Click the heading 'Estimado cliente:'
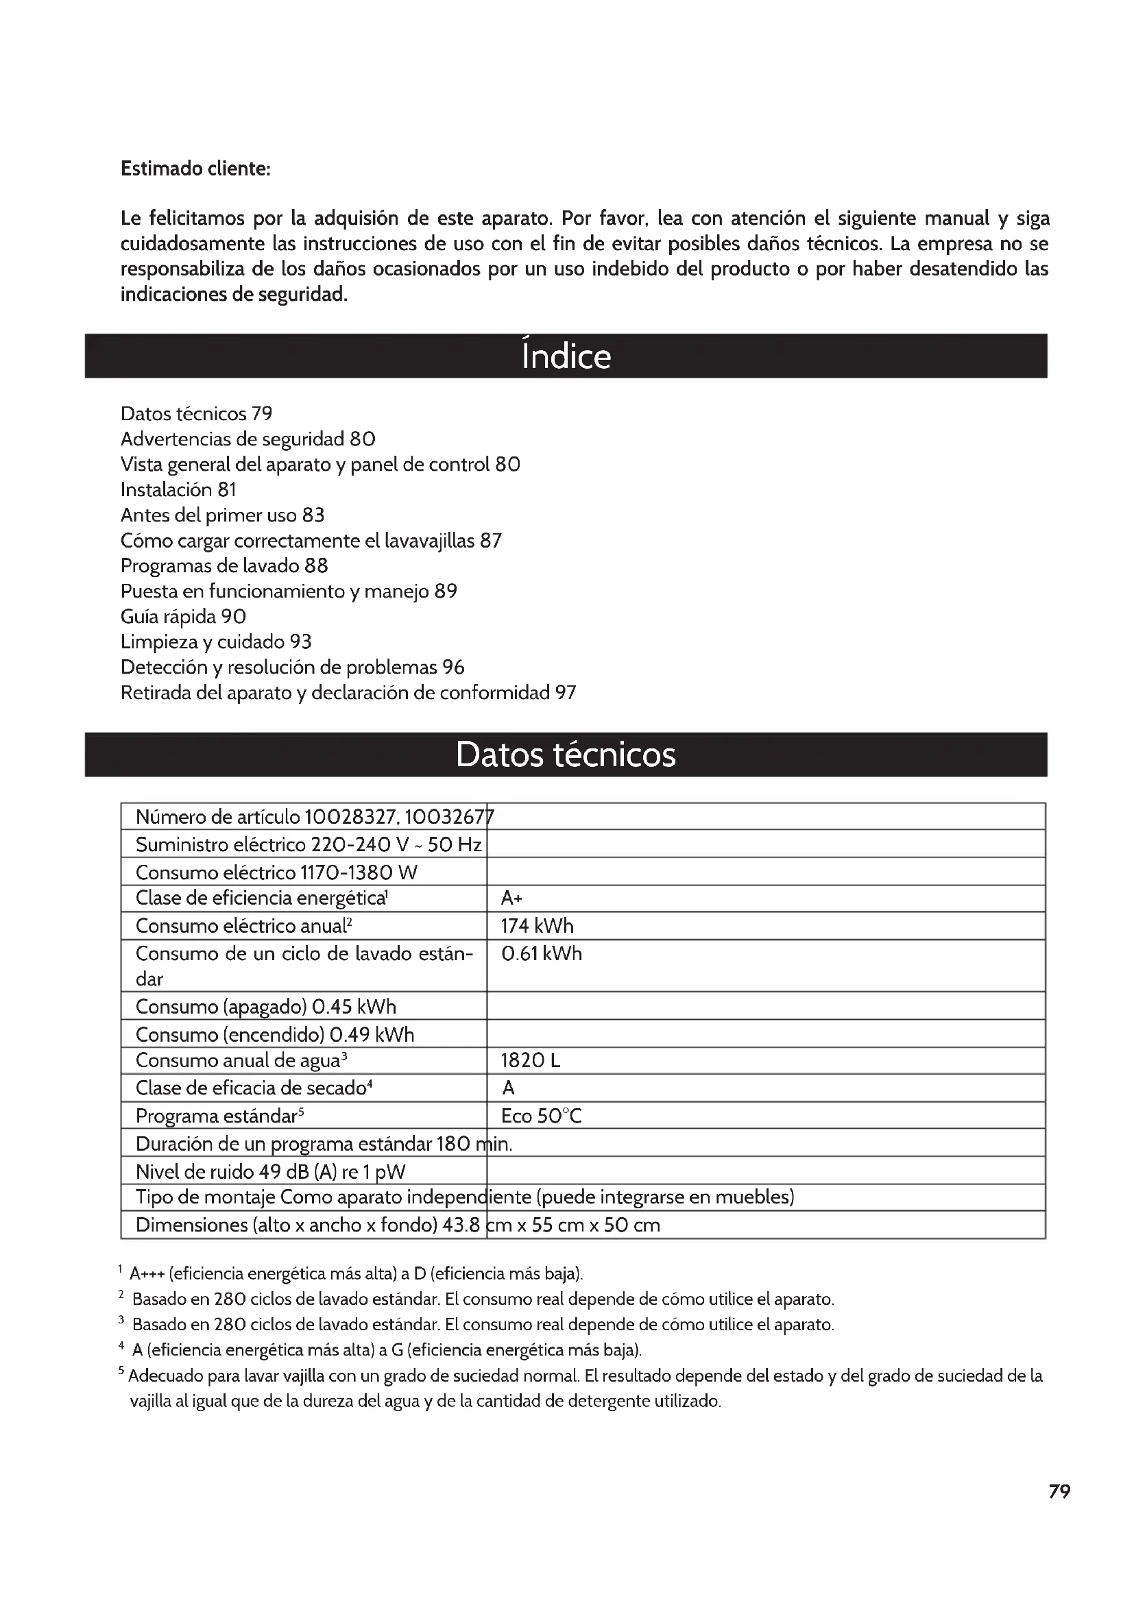point(195,169)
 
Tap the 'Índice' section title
point(566,356)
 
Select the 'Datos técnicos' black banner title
point(566,755)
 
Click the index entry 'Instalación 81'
point(179,489)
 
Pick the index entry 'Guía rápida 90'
point(183,617)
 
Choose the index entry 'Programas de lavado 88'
point(224,565)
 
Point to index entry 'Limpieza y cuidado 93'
point(216,641)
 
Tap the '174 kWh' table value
point(537,926)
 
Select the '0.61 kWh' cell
point(541,954)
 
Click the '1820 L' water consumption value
point(530,1060)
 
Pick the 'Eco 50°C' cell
point(541,1116)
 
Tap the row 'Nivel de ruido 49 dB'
point(270,1171)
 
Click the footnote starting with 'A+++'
point(356,1273)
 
